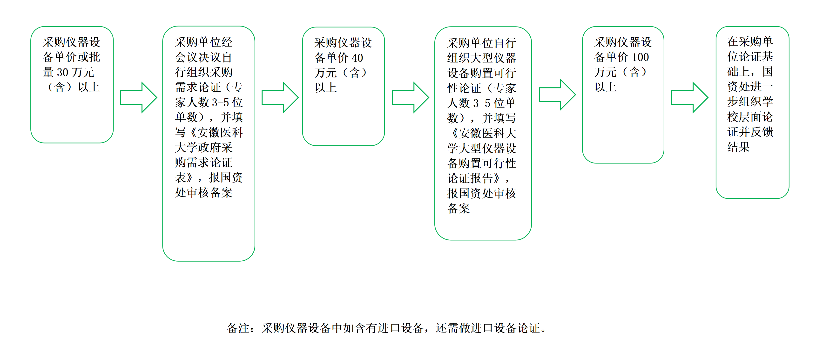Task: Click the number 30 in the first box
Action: (x=62, y=73)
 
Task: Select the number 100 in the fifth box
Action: (x=640, y=57)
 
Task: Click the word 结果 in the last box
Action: (x=738, y=147)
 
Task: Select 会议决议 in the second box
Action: (x=198, y=57)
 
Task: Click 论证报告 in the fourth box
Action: (x=470, y=178)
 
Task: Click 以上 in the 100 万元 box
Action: (x=605, y=87)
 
